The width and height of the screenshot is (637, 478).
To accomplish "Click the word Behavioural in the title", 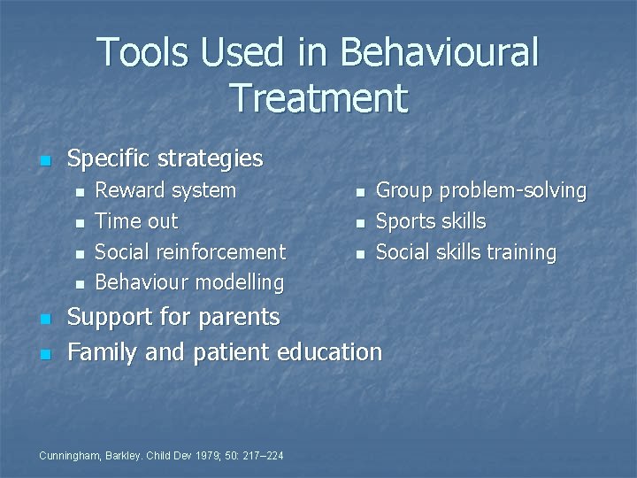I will click(x=439, y=52).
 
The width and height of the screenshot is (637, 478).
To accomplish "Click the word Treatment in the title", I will click(x=318, y=97).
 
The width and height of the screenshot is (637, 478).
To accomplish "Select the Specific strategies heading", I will click(x=165, y=158).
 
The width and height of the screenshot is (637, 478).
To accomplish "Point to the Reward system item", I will click(x=165, y=190).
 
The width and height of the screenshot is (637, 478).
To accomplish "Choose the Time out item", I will click(x=136, y=221).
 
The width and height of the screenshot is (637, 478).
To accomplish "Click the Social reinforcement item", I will click(x=190, y=252).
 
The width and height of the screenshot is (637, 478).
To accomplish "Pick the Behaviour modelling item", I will click(x=189, y=283).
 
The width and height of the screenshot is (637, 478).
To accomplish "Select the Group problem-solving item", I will click(x=481, y=190).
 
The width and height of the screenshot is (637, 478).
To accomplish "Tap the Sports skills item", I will click(x=431, y=221).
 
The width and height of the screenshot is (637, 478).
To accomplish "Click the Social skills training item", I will click(x=466, y=252).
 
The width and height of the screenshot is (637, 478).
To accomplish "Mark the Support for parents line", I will click(x=173, y=317).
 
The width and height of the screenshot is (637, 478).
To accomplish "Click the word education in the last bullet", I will click(x=329, y=352).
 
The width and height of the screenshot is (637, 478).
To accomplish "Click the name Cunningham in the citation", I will click(x=68, y=455).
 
